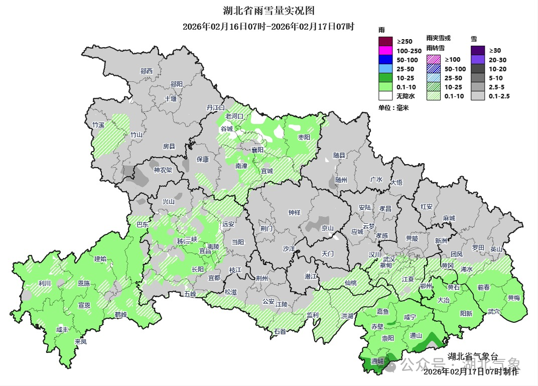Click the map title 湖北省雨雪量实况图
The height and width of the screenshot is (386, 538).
268,11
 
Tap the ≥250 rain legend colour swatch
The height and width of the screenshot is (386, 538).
385,41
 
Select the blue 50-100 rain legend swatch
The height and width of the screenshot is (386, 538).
385,60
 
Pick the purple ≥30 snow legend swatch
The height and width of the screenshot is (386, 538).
477,50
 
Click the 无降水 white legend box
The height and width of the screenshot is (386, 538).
385,96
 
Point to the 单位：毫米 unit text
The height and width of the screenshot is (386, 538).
393,108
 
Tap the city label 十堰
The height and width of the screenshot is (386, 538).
171,99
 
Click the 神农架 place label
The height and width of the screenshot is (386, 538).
163,170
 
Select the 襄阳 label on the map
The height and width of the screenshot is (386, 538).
257,150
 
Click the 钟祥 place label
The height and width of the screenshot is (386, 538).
294,212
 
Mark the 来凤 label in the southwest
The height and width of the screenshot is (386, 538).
80,342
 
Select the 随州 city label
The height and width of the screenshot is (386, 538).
341,180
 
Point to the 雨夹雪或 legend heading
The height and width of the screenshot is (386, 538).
439,38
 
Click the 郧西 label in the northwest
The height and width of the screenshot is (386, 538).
147,71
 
